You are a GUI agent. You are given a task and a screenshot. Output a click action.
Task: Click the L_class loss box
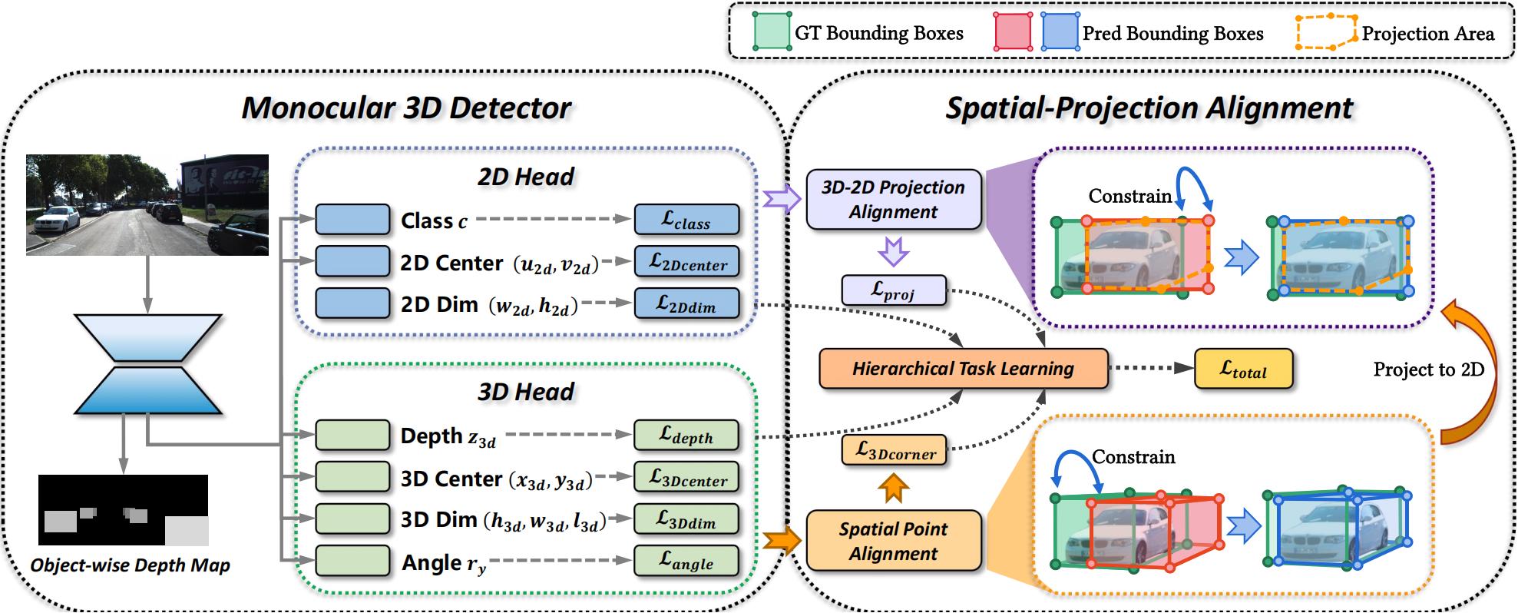[686, 220]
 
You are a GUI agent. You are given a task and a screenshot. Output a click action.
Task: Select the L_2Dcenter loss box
[686, 262]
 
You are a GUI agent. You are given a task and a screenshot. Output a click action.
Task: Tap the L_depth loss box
[686, 436]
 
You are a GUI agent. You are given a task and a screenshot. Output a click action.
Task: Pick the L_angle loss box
[686, 562]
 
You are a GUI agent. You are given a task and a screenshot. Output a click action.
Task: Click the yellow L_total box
[1243, 369]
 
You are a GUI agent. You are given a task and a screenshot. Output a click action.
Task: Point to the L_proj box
[894, 290]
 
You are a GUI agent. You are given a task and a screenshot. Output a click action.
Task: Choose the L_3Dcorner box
[894, 451]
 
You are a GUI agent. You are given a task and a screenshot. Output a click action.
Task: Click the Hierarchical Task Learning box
[963, 369]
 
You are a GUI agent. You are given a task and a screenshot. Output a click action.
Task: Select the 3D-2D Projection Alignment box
[893, 200]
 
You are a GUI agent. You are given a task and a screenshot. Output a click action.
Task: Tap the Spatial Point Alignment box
[893, 541]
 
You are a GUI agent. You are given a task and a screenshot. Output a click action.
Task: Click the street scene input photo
[147, 204]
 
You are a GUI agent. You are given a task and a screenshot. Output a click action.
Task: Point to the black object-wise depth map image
[123, 509]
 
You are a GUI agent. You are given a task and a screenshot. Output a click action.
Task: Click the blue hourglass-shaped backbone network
[147, 364]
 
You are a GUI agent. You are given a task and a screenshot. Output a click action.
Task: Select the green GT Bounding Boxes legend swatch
[772, 32]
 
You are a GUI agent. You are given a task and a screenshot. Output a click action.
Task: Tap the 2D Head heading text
[525, 177]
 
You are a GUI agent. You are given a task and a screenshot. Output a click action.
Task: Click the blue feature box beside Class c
[352, 220]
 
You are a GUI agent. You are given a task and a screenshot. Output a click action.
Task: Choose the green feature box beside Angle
[352, 562]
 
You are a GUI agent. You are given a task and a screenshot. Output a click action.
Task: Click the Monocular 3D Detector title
[406, 108]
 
